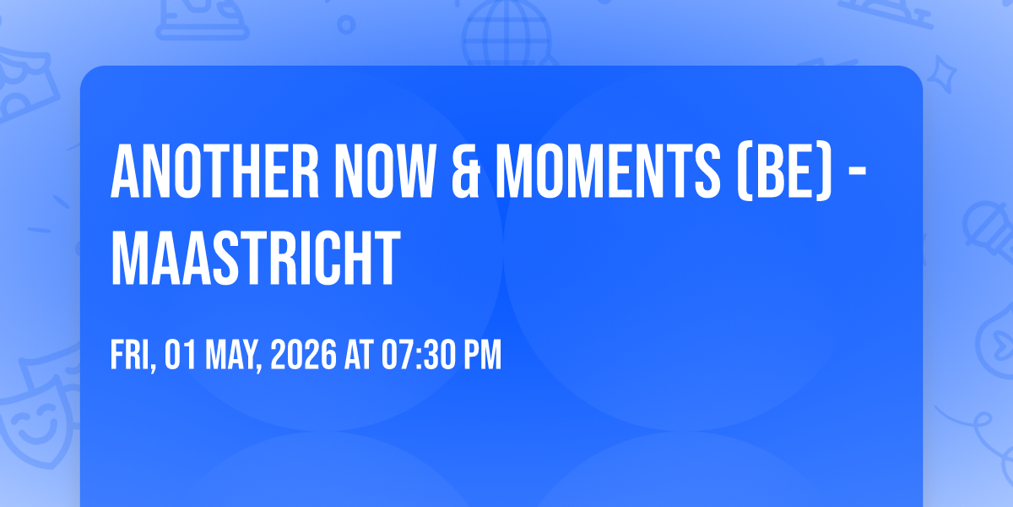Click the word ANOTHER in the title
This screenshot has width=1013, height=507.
(215, 171)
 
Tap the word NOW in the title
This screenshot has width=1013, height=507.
(384, 171)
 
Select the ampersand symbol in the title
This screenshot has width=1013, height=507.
(465, 171)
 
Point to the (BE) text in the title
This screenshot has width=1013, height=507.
(784, 172)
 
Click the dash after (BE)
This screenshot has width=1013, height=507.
(857, 172)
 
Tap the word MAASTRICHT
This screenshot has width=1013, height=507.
(256, 258)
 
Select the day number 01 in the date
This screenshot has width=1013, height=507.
(180, 354)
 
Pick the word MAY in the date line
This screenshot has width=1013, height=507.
(233, 356)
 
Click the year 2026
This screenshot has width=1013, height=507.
(303, 354)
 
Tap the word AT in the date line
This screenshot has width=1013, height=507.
(359, 354)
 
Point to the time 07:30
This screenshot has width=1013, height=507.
(416, 354)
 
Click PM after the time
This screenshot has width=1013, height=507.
(480, 354)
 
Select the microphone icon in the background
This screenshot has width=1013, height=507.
(989, 232)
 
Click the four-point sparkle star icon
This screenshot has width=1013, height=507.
(941, 74)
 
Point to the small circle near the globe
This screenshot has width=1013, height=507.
(346, 25)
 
